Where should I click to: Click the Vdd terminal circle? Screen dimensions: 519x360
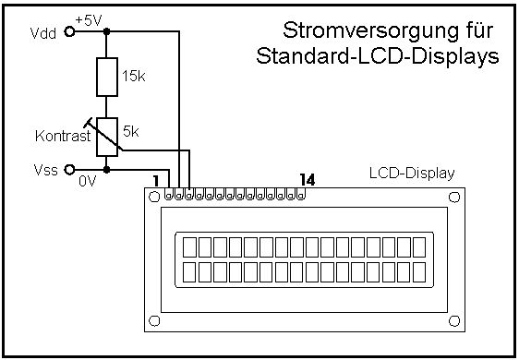pos(69,31)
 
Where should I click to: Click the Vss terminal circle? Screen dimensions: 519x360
pos(69,170)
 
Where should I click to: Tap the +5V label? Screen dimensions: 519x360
pos(89,20)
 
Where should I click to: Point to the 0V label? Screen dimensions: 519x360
pos(88,181)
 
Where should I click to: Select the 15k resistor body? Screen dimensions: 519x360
pos(107,78)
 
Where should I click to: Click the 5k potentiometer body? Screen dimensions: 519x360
pos(107,137)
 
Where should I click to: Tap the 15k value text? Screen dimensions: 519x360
pos(133,76)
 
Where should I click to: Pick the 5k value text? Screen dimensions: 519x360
pos(131,132)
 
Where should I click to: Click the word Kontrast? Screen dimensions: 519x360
pos(63,136)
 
